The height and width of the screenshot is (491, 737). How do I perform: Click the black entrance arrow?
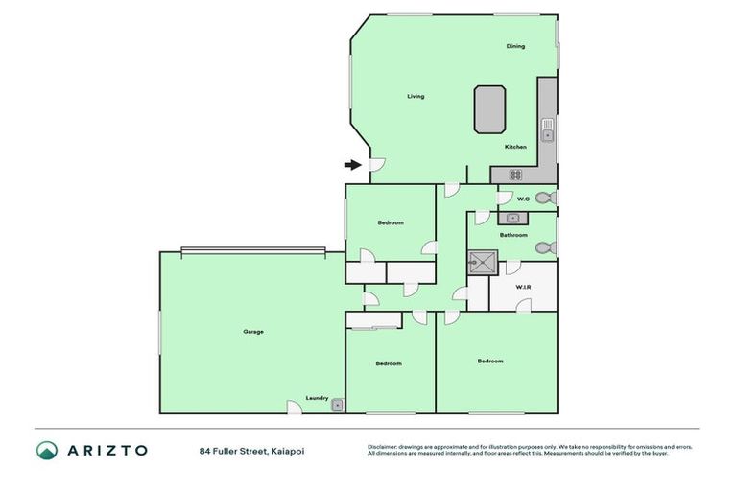pyautogui.click(x=353, y=165)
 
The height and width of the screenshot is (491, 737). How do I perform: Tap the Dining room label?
pyautogui.click(x=515, y=46)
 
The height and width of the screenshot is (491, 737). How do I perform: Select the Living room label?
pyautogui.click(x=415, y=96)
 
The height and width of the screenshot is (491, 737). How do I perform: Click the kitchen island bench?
pyautogui.click(x=489, y=108)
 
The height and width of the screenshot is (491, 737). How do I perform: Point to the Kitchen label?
pyautogui.click(x=515, y=147)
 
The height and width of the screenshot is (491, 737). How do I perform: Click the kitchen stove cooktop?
pyautogui.click(x=515, y=175)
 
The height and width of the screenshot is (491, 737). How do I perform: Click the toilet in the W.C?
pyautogui.click(x=544, y=199)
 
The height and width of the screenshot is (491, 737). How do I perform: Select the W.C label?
pyautogui.click(x=523, y=199)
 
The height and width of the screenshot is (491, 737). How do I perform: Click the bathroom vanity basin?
pyautogui.click(x=512, y=218)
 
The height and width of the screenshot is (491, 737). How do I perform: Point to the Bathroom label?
pyautogui.click(x=513, y=235)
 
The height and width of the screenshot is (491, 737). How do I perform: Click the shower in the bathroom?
pyautogui.click(x=482, y=262)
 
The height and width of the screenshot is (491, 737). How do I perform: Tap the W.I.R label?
pyautogui.click(x=523, y=287)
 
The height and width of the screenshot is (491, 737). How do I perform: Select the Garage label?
pyautogui.click(x=252, y=332)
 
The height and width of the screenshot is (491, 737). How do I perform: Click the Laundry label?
pyautogui.click(x=317, y=398)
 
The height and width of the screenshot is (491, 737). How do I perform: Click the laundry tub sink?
pyautogui.click(x=338, y=406)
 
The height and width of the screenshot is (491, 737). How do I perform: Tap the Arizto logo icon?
pyautogui.click(x=47, y=450)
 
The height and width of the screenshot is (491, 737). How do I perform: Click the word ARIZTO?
pyautogui.click(x=107, y=450)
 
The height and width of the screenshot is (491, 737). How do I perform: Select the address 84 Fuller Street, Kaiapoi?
pyautogui.click(x=251, y=450)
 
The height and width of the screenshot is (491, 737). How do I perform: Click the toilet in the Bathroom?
pyautogui.click(x=545, y=248)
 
